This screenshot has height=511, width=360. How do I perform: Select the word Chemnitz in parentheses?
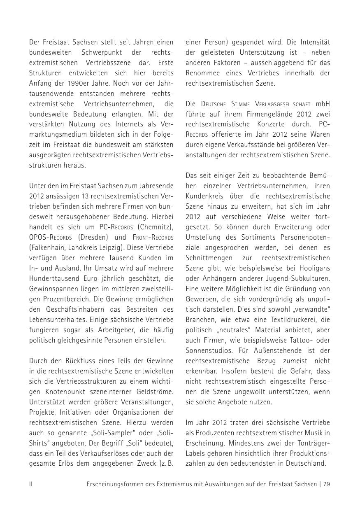pyautogui.click(x=158, y=227)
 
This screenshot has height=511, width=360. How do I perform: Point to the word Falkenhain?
pyautogui.click(x=46, y=248)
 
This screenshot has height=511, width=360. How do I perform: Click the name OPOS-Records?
pyautogui.click(x=51, y=237)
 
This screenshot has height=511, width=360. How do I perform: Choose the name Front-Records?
pyautogui.click(x=153, y=237)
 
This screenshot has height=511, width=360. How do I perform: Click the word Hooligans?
pyautogui.click(x=316, y=268)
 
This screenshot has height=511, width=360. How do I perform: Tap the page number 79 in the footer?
pyautogui.click(x=326, y=484)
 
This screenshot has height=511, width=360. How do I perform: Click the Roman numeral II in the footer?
pyautogui.click(x=31, y=484)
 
